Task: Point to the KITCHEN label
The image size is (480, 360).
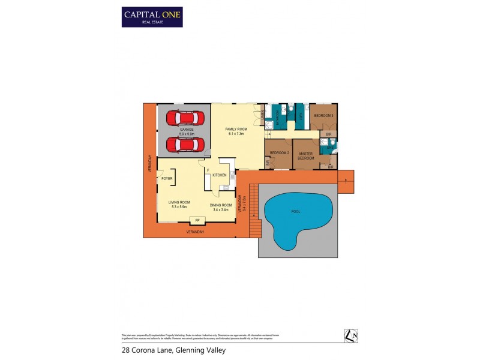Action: [219, 175]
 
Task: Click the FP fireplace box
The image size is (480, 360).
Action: [197, 220]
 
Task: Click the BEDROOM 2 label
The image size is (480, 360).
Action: [279, 154]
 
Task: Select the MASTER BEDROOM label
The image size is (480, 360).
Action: [306, 155]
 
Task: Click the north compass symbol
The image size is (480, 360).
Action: [351, 336]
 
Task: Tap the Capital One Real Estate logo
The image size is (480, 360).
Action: [152, 17]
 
